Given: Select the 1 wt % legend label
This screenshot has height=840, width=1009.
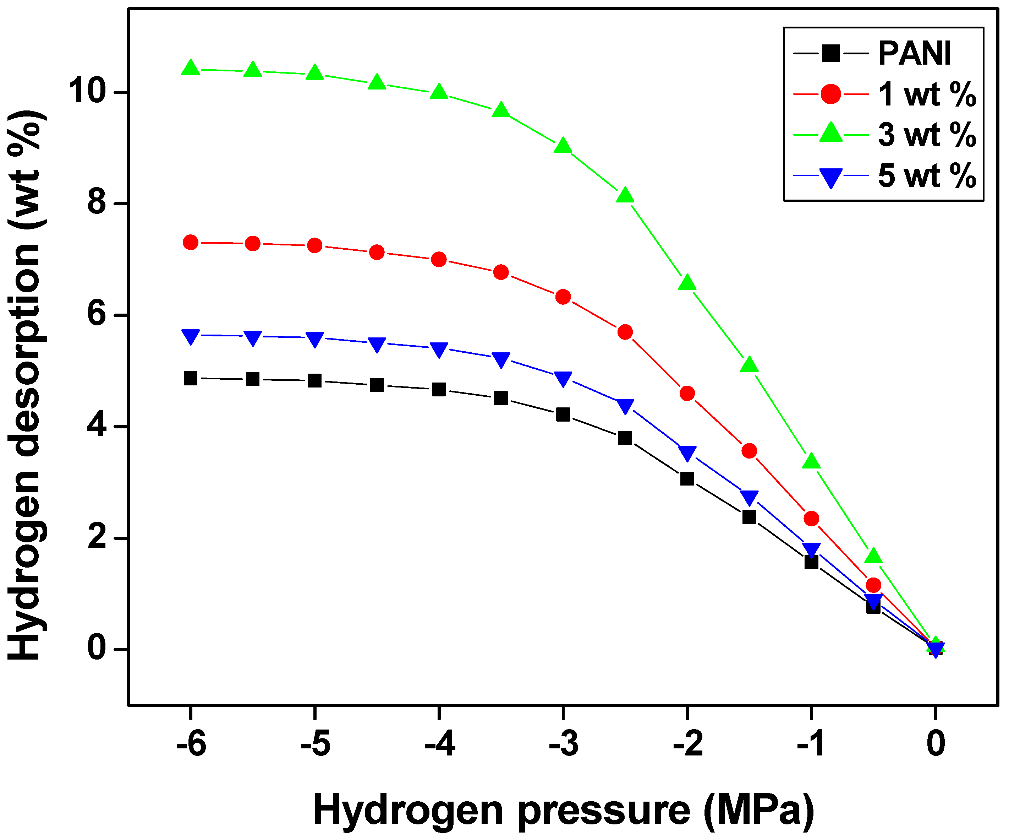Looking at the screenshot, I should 927,94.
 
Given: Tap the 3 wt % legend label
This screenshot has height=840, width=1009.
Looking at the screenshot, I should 927,135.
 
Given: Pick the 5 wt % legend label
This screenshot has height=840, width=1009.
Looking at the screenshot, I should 927,175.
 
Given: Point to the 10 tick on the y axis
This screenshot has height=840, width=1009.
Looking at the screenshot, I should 87,91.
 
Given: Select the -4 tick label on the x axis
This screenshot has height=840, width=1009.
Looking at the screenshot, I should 439,743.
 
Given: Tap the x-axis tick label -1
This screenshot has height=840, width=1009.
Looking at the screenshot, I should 811,743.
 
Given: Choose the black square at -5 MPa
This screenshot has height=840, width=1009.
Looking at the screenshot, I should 315,381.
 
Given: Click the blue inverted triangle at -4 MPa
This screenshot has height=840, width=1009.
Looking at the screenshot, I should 439,349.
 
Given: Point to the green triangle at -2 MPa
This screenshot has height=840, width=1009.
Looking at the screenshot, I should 687,283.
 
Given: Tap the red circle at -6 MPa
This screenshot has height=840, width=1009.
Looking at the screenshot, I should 191,242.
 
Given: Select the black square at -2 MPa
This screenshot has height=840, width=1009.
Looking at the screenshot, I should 687,479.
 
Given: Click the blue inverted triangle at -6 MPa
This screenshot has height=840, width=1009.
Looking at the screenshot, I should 191,336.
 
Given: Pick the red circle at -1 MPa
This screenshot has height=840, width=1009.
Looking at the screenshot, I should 811,518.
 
